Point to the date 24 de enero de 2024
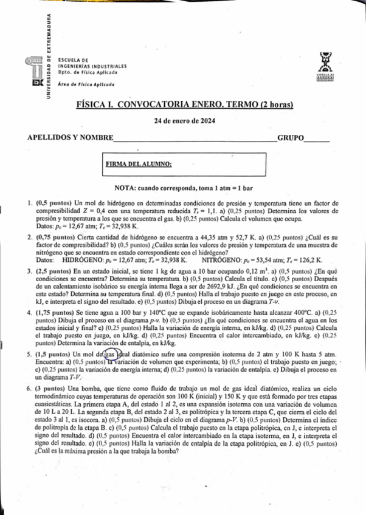(x=182, y=120)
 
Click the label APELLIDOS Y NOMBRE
(x=71, y=138)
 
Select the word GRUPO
(x=291, y=138)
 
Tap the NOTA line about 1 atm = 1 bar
(x=182, y=189)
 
